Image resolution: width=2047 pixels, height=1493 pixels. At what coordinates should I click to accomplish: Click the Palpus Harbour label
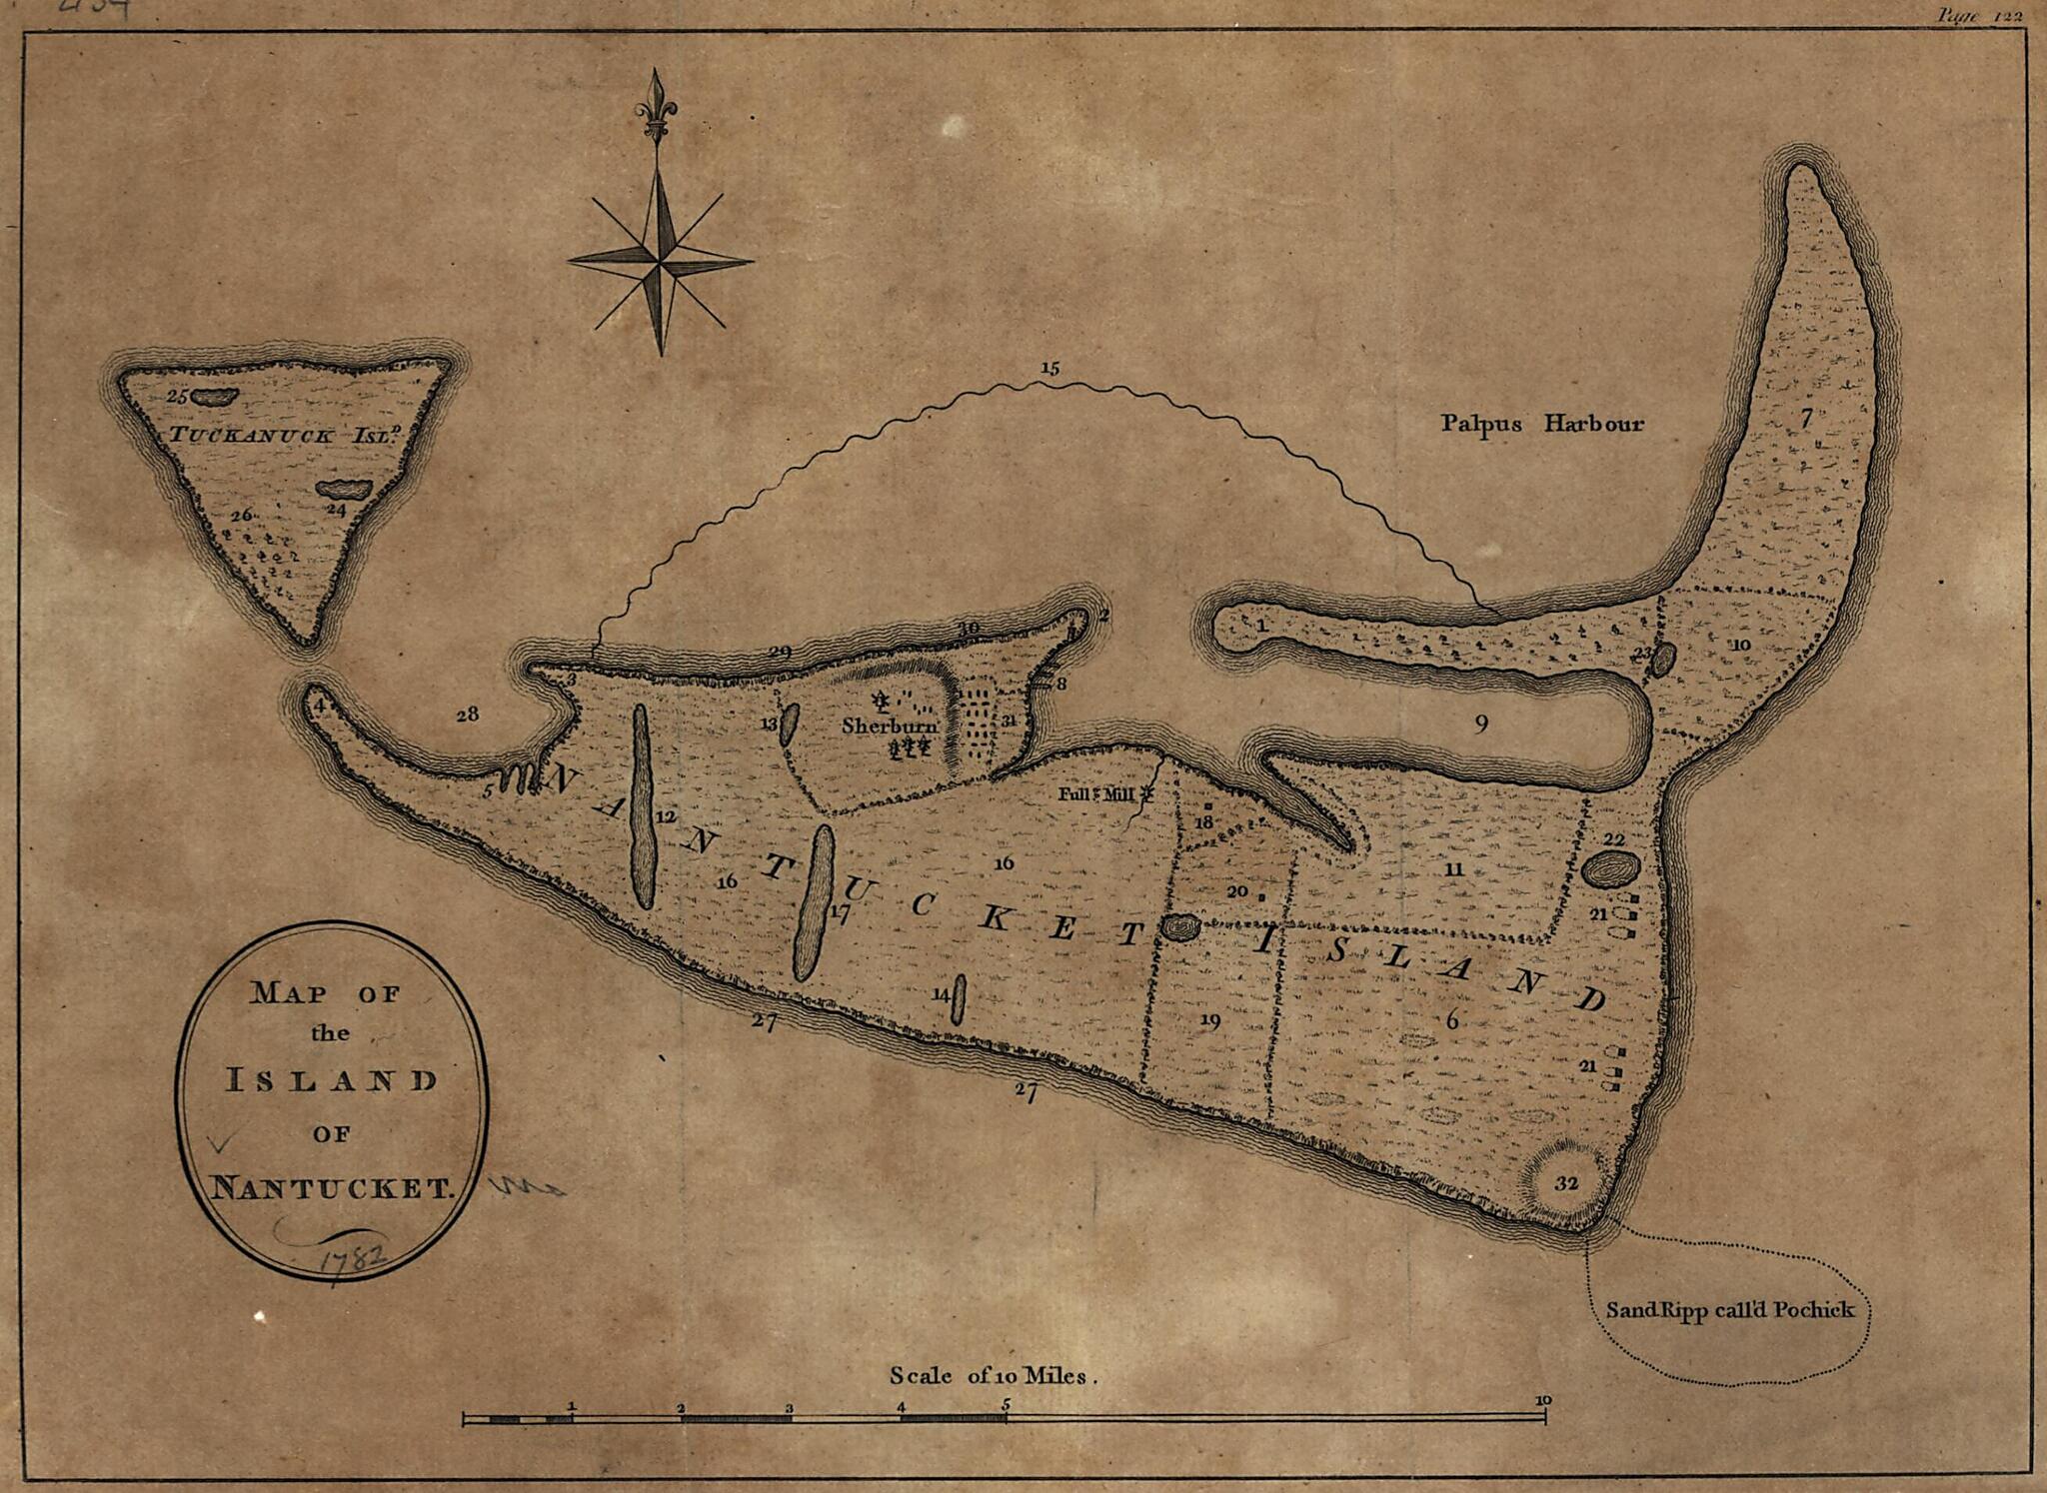(1541, 424)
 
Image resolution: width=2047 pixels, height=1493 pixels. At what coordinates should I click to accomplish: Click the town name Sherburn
(889, 726)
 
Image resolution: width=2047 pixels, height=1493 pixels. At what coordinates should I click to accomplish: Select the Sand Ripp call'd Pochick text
(1729, 1310)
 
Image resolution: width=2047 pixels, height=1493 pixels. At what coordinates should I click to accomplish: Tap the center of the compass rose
(659, 262)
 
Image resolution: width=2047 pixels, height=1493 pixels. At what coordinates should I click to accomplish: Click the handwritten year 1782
(352, 1257)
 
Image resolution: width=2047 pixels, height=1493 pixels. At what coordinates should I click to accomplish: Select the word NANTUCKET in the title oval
(332, 1189)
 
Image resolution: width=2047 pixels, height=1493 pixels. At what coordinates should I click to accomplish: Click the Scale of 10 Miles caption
(994, 1376)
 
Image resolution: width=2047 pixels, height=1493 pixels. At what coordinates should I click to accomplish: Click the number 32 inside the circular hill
(1566, 1183)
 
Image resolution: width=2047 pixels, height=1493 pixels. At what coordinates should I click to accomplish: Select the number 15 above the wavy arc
(1048, 368)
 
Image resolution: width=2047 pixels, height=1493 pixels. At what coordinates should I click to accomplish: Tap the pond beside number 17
(813, 903)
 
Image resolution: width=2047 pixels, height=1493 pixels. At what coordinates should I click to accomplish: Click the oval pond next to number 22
(1609, 869)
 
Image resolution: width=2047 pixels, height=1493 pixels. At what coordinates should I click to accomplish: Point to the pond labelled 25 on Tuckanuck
(213, 397)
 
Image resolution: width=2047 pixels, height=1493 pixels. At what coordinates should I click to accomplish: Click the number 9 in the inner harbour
(1480, 724)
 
